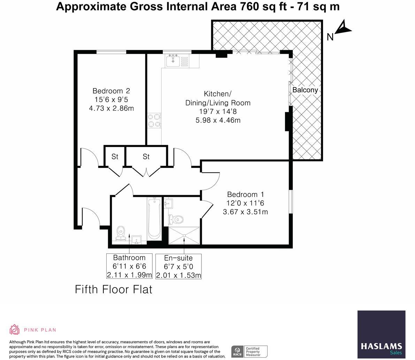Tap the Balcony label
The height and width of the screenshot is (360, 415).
tap(305, 90)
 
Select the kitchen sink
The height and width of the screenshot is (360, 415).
tap(173, 61)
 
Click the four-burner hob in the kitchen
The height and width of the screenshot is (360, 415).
tap(154, 120)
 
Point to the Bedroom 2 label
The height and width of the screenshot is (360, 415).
tap(111, 91)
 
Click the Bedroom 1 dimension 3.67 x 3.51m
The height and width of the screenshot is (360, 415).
tap(245, 212)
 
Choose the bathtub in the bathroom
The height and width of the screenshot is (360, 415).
tap(154, 219)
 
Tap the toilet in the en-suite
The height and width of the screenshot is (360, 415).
tap(177, 219)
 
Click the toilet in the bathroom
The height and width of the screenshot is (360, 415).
tap(121, 232)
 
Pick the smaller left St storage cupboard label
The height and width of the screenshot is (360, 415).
tap(115, 157)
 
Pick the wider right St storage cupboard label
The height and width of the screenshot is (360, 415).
tap(146, 157)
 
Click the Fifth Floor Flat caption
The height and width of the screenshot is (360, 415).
tap(114, 290)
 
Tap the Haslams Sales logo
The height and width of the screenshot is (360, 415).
tap(381, 335)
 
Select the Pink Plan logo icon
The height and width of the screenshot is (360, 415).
tap(14, 329)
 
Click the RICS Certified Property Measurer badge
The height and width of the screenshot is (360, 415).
tap(249, 351)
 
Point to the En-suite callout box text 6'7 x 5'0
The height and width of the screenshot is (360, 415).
tap(178, 267)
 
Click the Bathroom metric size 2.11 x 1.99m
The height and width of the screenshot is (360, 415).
tap(129, 275)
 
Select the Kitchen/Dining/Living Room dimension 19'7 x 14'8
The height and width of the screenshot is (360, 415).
tap(218, 112)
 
